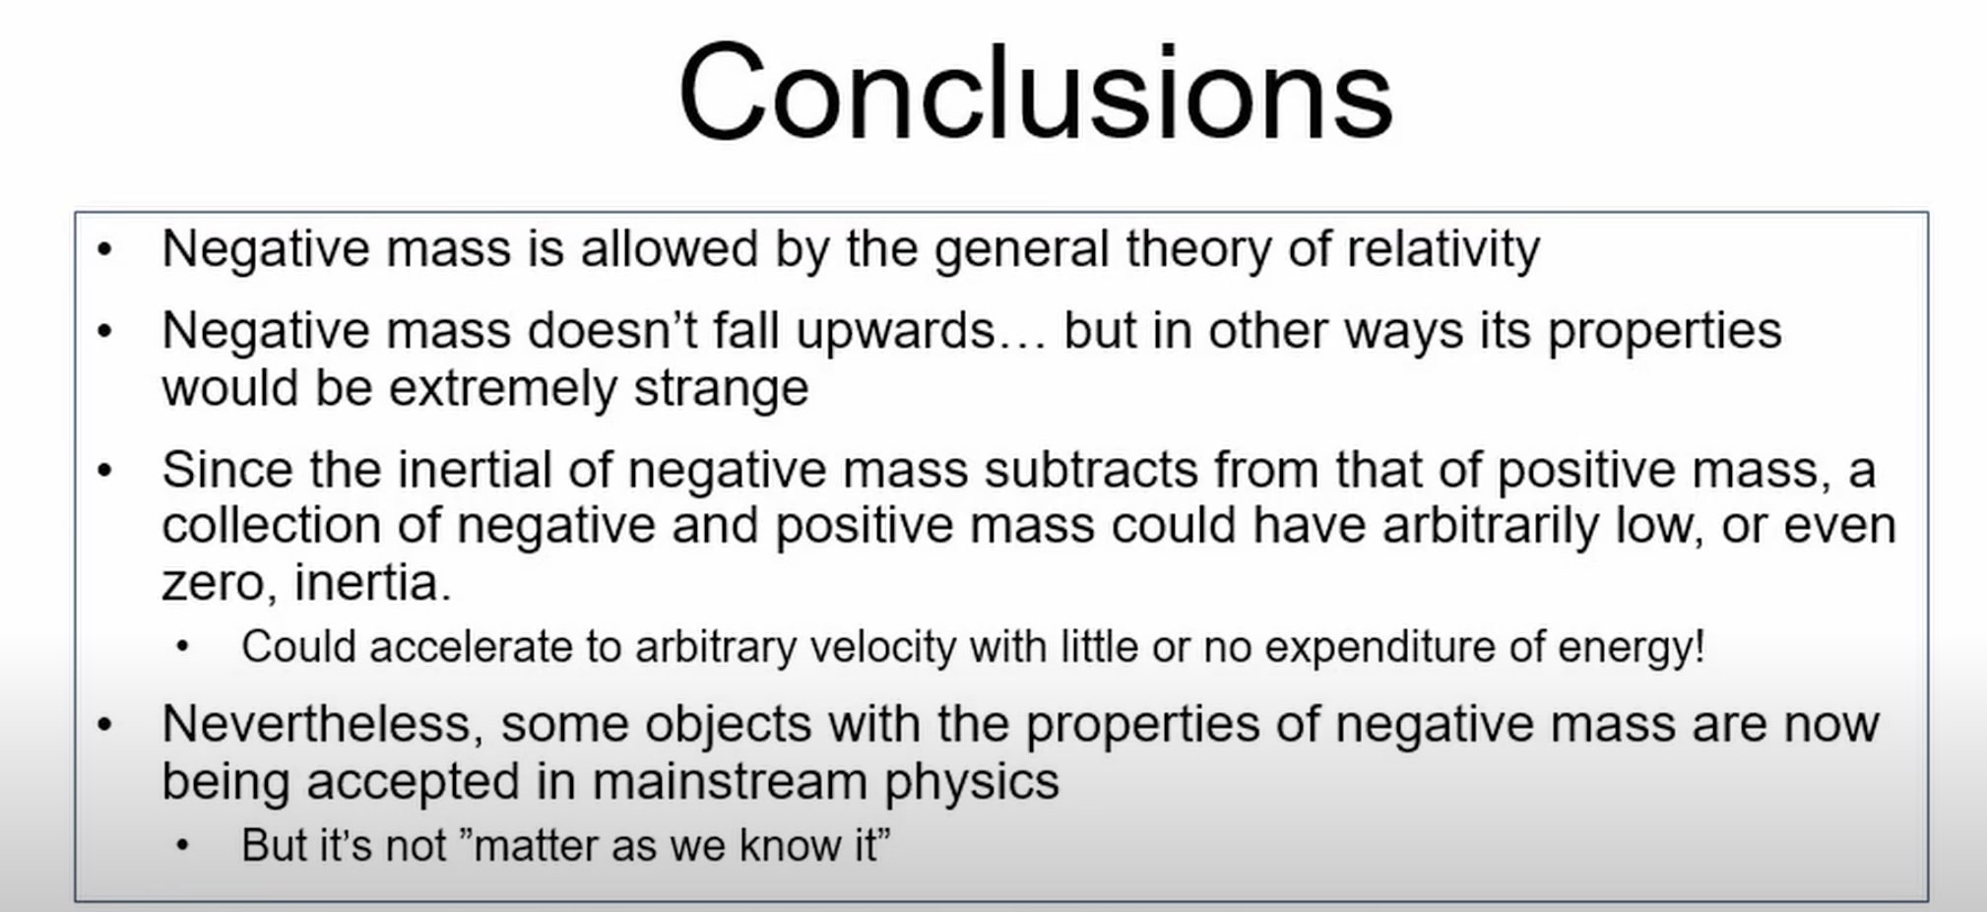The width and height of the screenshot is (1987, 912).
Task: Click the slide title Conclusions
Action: (x=1035, y=94)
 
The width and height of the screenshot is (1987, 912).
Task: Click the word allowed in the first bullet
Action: (x=670, y=248)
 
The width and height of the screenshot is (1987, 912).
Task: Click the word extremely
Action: (x=503, y=388)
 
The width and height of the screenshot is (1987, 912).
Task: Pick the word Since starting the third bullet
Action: (x=226, y=469)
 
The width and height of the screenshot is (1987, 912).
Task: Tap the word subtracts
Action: (x=1091, y=469)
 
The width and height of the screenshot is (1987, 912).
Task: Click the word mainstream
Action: (x=729, y=782)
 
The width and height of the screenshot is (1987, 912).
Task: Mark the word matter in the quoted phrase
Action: (x=537, y=846)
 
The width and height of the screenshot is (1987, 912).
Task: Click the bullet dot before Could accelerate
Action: (x=182, y=647)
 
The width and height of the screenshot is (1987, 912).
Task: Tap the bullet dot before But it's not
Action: (x=182, y=846)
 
